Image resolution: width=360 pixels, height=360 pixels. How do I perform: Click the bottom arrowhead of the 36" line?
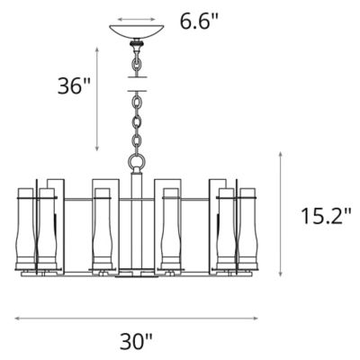pyautogui.click(x=98, y=148)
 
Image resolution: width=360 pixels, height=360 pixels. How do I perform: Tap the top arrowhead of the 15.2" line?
pyautogui.click(x=283, y=154)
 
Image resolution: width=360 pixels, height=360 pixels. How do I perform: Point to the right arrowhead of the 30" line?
pyautogui.click(x=256, y=317)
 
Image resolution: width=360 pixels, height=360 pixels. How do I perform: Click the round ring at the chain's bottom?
pyautogui.click(x=137, y=163)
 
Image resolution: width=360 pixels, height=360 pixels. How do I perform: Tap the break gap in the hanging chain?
pyautogui.click(x=137, y=84)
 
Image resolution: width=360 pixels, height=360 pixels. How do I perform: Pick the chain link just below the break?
pyautogui.click(x=137, y=97)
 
